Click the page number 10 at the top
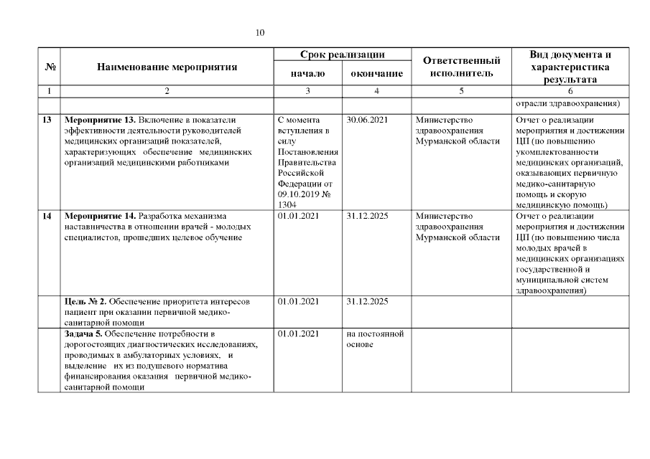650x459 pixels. tap(261, 33)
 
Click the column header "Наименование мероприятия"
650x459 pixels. tap(167, 67)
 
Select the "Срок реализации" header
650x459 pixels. tap(342, 55)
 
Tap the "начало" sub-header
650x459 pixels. tap(307, 74)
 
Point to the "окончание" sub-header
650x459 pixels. tap(376, 74)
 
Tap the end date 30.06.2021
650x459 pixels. tap(367, 120)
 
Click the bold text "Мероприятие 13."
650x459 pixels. tap(99, 120)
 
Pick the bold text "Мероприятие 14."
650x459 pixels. tap(99, 216)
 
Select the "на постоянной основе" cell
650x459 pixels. tap(374, 339)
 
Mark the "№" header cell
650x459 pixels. tap(50, 67)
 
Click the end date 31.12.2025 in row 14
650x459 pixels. tap(367, 216)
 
